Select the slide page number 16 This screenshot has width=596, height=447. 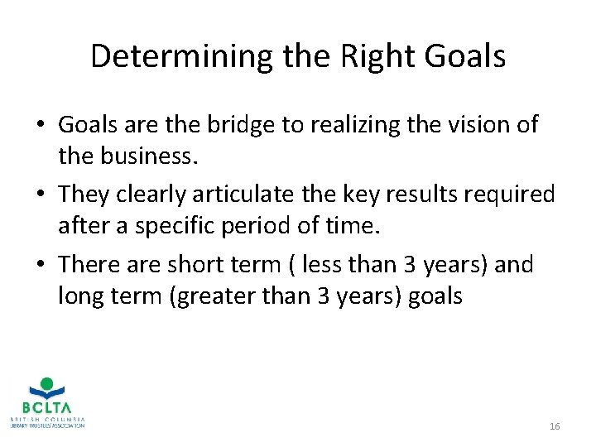(555, 426)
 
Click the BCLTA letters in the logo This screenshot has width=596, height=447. (47, 408)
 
